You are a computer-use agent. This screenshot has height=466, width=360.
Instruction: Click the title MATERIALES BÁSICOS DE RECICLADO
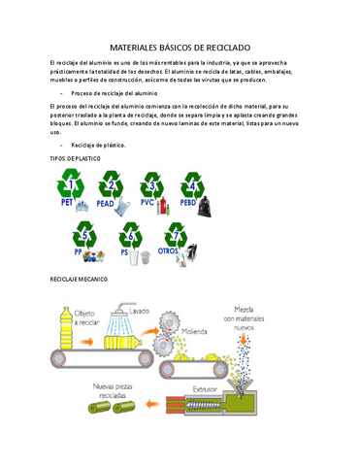[x=180, y=46]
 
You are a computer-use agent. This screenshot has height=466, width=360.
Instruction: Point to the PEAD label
[x=106, y=205]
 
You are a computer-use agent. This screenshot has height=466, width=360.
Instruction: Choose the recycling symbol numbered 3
[x=153, y=185]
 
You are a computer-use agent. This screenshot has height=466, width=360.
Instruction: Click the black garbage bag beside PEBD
[x=206, y=206]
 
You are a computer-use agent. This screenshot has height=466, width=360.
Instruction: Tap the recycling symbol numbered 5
[x=86, y=236]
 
